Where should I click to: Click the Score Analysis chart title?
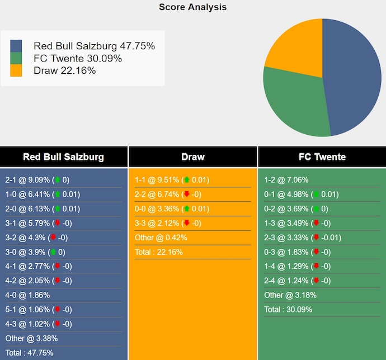192,7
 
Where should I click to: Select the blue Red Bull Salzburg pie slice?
352,78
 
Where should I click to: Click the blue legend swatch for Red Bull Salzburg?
16,46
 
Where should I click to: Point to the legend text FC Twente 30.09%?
78,59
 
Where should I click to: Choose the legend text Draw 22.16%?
64,70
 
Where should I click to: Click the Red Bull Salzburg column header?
63,157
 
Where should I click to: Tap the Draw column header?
192,157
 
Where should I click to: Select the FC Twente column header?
322,157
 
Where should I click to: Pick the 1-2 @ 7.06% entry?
286,180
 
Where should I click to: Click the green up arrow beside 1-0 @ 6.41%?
57,195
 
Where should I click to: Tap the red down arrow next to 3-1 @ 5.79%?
57,223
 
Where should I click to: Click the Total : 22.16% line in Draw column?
158,252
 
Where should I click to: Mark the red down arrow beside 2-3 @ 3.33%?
316,238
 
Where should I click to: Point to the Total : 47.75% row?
29,353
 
